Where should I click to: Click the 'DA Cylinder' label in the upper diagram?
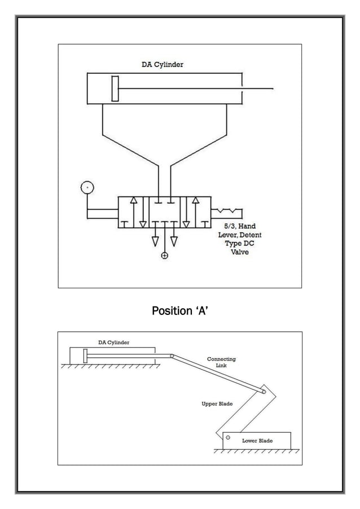click(x=162, y=64)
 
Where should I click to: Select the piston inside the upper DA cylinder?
click(x=115, y=88)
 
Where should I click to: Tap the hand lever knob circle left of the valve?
click(x=87, y=187)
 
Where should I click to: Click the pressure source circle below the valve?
click(x=164, y=256)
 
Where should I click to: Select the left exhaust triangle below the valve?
click(x=155, y=241)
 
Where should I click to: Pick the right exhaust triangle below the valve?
click(x=174, y=241)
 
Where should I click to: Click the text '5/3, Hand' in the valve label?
click(x=239, y=226)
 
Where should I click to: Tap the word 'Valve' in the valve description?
click(x=239, y=252)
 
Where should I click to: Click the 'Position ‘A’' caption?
click(x=179, y=310)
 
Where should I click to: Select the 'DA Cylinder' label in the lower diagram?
click(x=113, y=343)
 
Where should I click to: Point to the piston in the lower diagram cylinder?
click(x=85, y=356)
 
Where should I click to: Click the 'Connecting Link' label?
click(x=221, y=362)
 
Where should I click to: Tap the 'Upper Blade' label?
click(x=217, y=404)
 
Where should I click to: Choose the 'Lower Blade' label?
click(x=257, y=440)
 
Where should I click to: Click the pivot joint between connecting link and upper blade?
click(x=263, y=392)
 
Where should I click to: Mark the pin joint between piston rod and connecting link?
click(x=172, y=356)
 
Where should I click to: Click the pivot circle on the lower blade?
click(x=228, y=437)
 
